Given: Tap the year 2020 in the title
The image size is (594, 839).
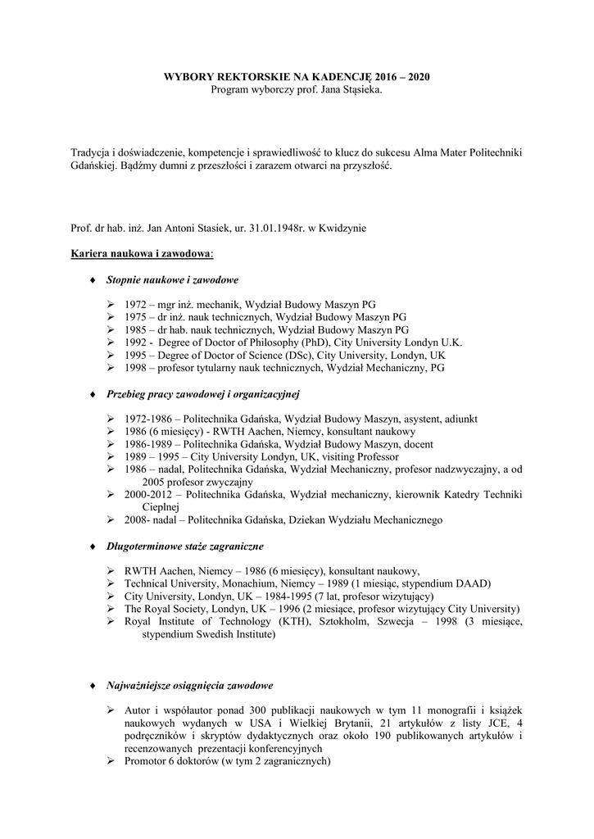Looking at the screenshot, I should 414,76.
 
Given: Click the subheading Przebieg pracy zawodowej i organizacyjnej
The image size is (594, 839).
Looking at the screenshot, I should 203,393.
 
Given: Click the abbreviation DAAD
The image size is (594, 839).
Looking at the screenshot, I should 473,583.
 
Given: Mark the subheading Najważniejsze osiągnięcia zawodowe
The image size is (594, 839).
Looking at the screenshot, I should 190,685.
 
